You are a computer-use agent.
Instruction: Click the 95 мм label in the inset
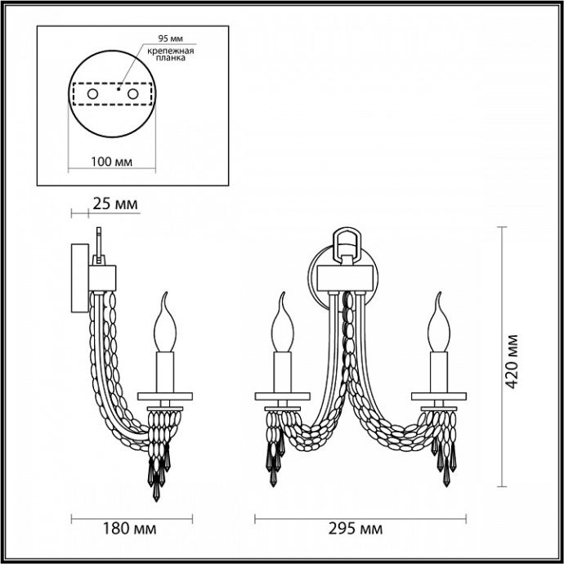click(x=170, y=38)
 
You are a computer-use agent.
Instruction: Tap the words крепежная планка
click(x=170, y=54)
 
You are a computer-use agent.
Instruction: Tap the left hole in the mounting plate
click(x=93, y=96)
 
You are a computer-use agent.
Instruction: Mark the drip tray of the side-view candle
click(x=167, y=396)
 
